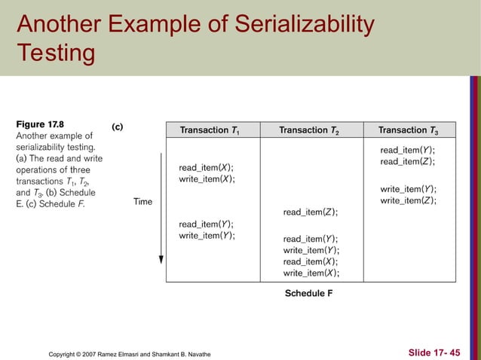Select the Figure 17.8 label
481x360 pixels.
40,123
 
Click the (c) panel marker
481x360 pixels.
118,127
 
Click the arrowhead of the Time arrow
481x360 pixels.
160,259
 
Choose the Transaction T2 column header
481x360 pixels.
309,130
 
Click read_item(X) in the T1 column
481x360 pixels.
206,167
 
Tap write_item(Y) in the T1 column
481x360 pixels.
206,236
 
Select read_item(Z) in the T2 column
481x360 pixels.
310,212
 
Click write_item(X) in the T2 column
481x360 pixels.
310,273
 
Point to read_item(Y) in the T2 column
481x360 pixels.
310,239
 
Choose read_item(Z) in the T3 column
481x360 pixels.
407,161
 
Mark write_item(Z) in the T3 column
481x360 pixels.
408,200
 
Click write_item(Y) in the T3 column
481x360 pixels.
408,189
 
